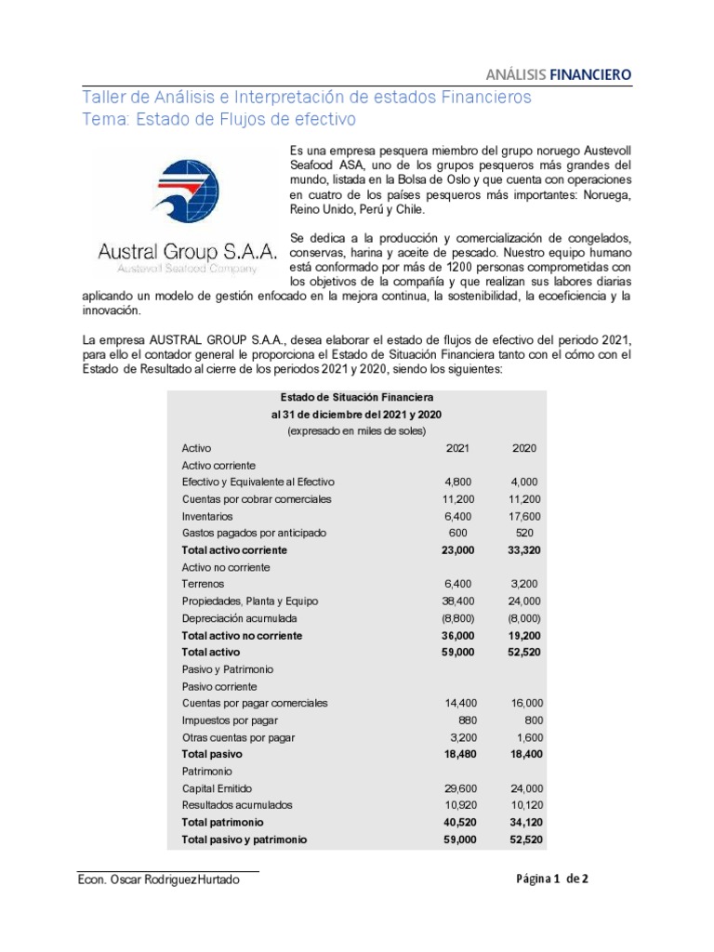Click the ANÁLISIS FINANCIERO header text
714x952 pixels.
point(560,73)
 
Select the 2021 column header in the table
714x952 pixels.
point(458,448)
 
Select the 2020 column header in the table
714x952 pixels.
point(524,448)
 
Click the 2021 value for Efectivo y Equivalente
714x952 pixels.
point(459,483)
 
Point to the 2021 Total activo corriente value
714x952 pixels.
point(456,550)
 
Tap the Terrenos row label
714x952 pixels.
point(205,584)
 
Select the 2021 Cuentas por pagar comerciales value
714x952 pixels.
point(456,704)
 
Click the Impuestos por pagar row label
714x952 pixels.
point(230,721)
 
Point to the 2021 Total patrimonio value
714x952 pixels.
point(456,823)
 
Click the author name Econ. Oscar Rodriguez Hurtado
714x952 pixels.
point(165,879)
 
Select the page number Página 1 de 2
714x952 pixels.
point(552,879)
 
